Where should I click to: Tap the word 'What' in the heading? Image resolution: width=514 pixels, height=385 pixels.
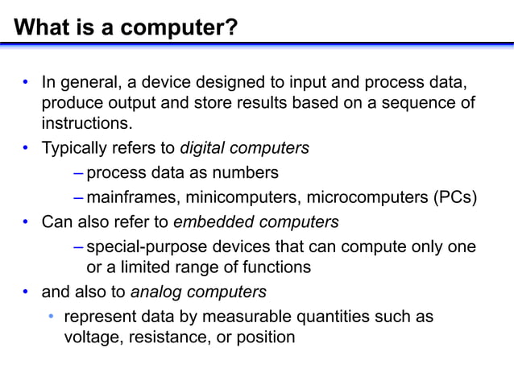[x=39, y=28]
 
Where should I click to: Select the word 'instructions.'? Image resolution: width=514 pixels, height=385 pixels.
[x=86, y=124]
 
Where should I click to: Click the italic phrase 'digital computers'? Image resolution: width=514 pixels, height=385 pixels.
[x=244, y=148]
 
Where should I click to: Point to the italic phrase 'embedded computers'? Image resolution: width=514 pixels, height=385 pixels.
[x=256, y=221]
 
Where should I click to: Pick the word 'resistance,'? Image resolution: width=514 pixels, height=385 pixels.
[x=168, y=337]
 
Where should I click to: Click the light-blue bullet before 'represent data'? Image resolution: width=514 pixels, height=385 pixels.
[x=50, y=317]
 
